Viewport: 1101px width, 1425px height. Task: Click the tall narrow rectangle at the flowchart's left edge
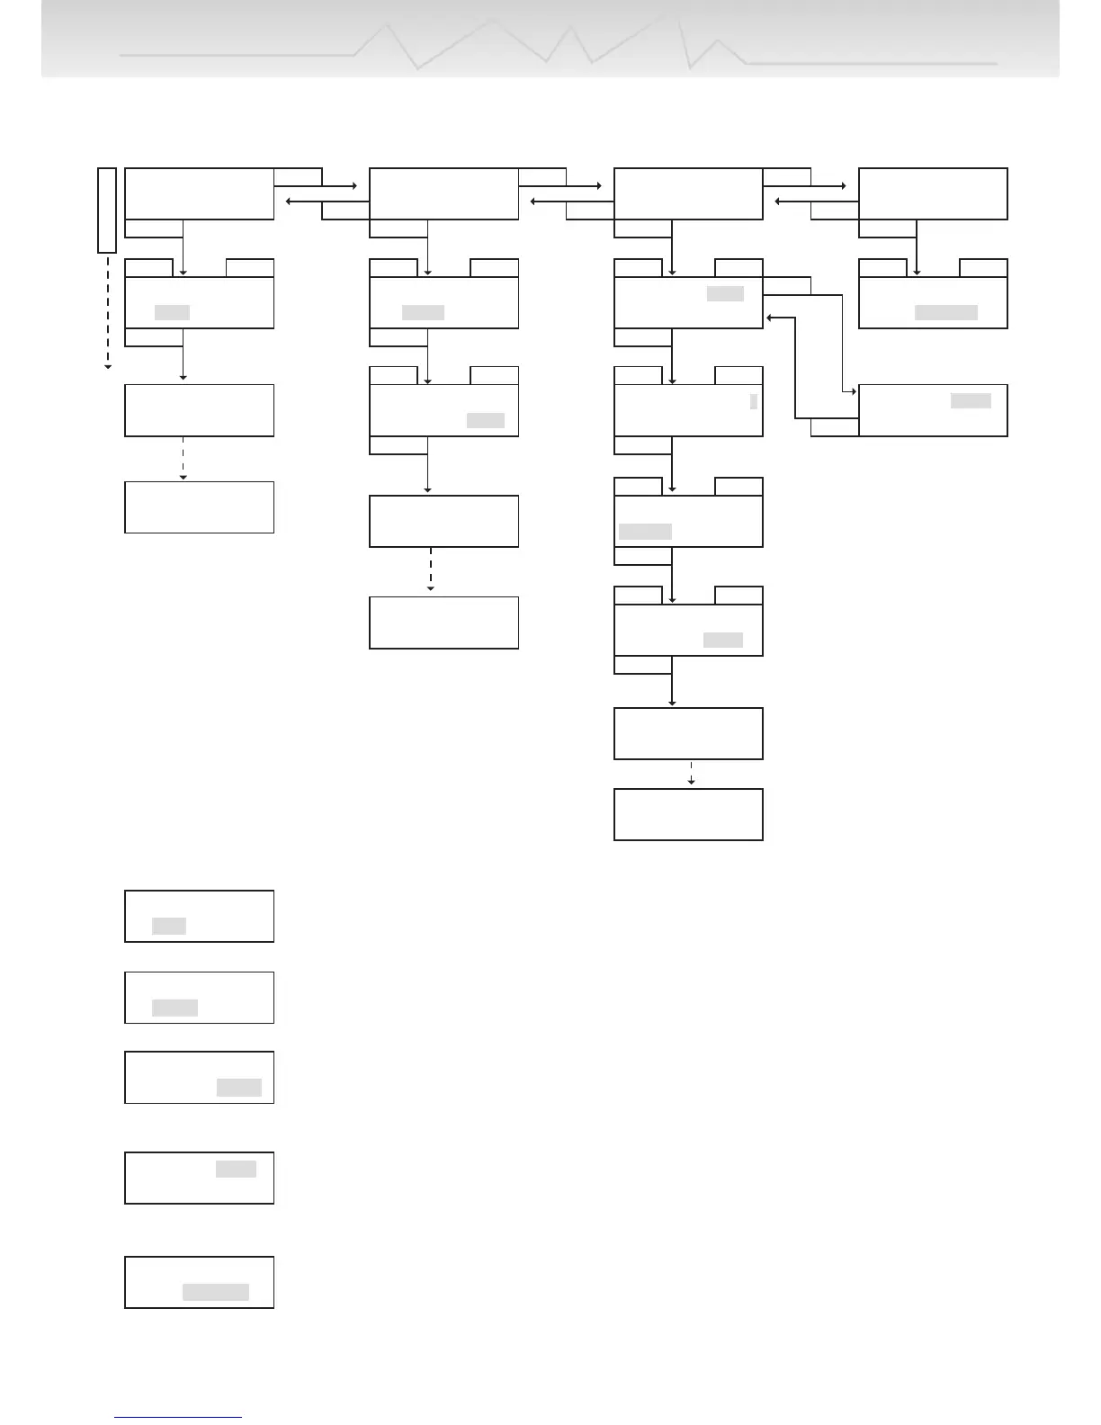[x=107, y=210]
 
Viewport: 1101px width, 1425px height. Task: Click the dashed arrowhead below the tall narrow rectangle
[x=107, y=366]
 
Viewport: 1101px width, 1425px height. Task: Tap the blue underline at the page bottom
[x=178, y=1417]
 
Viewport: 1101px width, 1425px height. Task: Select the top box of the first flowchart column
[x=199, y=193]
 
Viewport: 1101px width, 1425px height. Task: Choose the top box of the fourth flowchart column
[x=933, y=193]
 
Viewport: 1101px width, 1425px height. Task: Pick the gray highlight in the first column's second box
[x=172, y=312]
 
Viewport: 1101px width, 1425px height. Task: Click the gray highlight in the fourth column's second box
[x=945, y=312]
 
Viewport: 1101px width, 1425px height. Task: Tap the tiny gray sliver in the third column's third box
[x=754, y=402]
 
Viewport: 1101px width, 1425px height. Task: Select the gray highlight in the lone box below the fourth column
[x=971, y=400]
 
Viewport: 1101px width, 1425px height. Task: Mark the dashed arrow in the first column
[x=183, y=459]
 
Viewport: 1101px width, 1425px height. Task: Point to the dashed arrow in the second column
[x=430, y=569]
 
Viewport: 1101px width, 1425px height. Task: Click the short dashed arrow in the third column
[x=691, y=774]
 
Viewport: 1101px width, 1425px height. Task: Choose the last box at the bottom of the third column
[x=688, y=814]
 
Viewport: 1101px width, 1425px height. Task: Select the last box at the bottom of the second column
[x=443, y=622]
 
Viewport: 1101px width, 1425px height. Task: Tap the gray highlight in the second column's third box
[x=485, y=420]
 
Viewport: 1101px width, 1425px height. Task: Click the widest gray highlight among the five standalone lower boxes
[x=216, y=1292]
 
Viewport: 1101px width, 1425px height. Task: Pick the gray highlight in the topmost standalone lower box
[x=169, y=926]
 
